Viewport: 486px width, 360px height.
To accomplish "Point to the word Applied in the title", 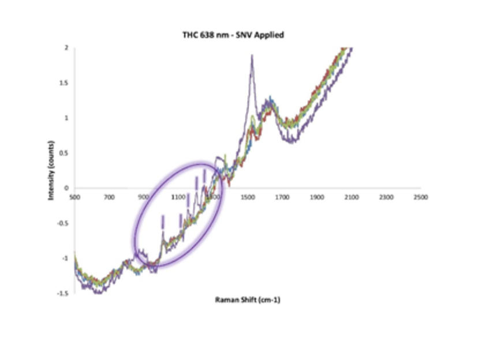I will pyautogui.click(x=270, y=35).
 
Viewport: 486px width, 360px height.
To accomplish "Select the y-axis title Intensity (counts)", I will pyautogui.click(x=51, y=170).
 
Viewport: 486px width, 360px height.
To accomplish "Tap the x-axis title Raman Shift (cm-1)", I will pyautogui.click(x=248, y=300).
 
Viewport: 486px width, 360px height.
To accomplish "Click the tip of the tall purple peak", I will pyautogui.click(x=252, y=56).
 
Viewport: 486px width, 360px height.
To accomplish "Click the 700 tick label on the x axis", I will pyautogui.click(x=109, y=197).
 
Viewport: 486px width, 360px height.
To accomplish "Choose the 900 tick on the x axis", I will pyautogui.click(x=144, y=197).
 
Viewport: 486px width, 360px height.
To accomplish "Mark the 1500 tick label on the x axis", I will pyautogui.click(x=248, y=197).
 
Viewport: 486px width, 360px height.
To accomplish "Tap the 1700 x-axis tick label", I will pyautogui.click(x=282, y=197).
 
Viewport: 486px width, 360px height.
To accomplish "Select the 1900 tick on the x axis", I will pyautogui.click(x=317, y=197).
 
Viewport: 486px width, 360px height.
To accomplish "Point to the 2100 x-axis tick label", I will pyautogui.click(x=352, y=197).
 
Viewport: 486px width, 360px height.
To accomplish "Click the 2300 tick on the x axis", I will pyautogui.click(x=386, y=197).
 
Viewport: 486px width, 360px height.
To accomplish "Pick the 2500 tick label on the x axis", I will pyautogui.click(x=421, y=197).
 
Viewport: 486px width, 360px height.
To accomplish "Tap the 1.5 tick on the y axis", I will pyautogui.click(x=65, y=83).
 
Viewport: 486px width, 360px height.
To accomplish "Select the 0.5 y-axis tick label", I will pyautogui.click(x=65, y=153).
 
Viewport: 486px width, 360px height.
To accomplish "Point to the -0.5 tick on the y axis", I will pyautogui.click(x=63, y=223).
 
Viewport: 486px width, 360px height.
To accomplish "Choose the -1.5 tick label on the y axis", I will pyautogui.click(x=63, y=293).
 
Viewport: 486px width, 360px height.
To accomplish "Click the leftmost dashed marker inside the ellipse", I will pyautogui.click(x=163, y=222).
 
